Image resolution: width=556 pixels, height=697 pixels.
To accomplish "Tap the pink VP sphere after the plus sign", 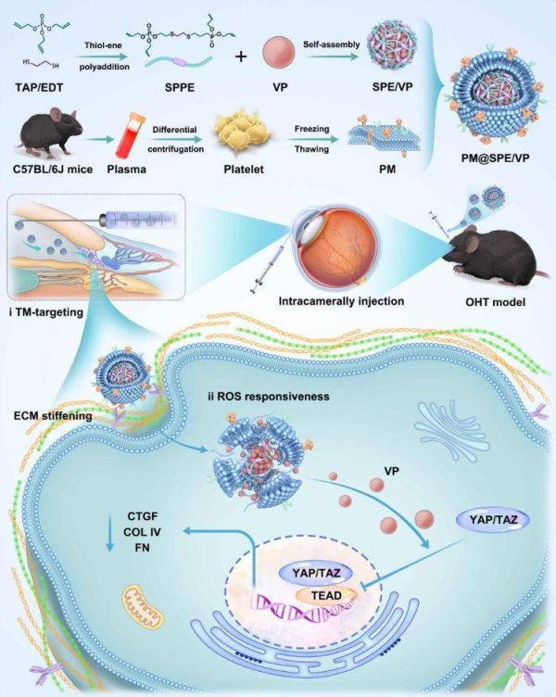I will click(280, 47).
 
